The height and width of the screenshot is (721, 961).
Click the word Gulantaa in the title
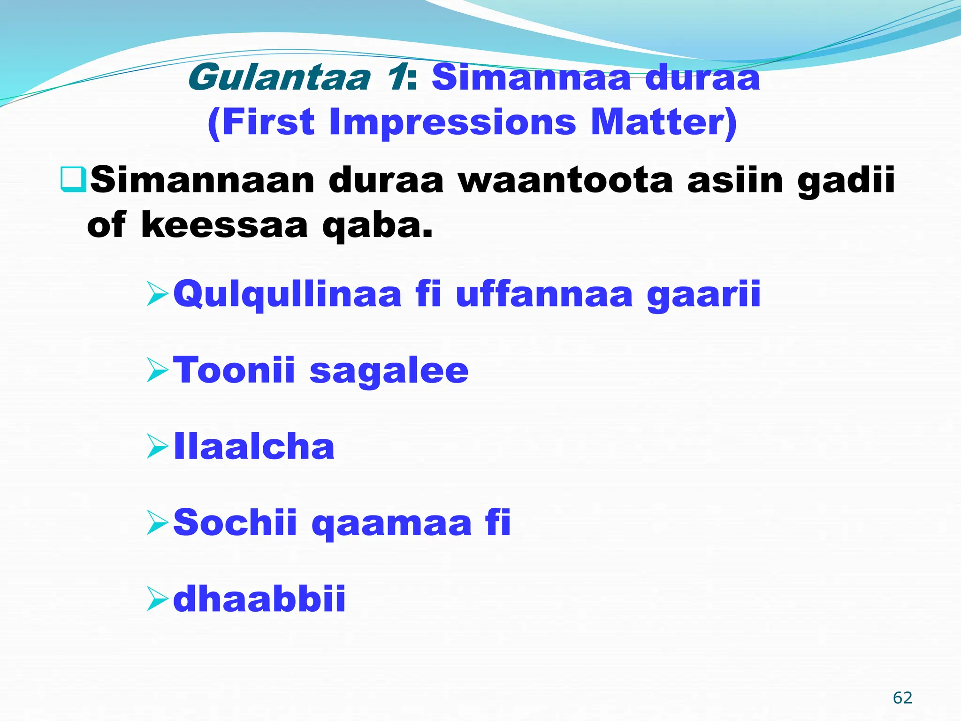[279, 78]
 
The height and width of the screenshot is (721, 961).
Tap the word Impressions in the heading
[452, 122]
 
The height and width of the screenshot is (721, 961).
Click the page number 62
[902, 698]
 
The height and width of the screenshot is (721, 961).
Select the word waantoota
[565, 181]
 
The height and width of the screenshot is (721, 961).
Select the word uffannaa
[544, 294]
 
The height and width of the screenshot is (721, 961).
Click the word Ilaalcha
[254, 446]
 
